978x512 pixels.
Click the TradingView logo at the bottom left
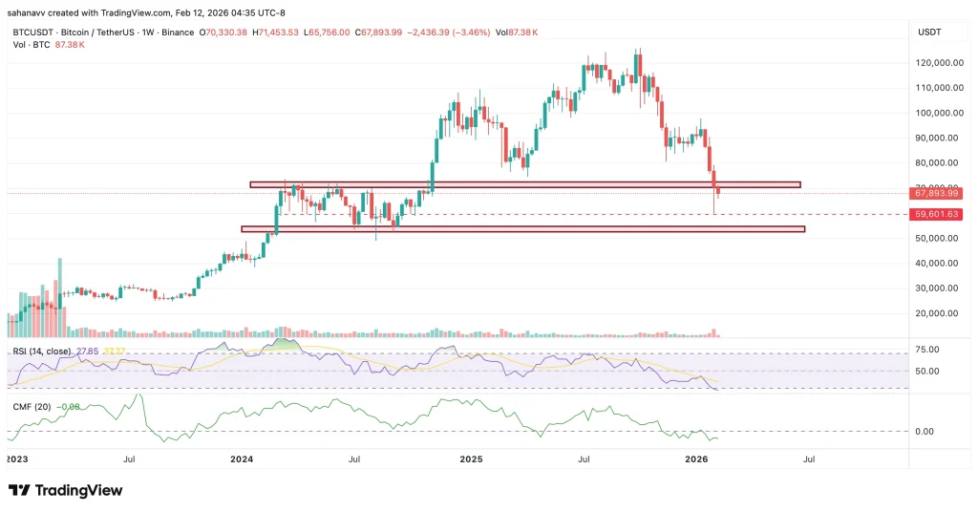(x=65, y=490)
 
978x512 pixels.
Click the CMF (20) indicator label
(x=28, y=405)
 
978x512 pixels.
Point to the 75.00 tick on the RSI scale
(x=926, y=350)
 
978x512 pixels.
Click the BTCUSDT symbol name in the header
(x=31, y=32)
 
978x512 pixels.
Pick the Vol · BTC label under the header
(x=31, y=45)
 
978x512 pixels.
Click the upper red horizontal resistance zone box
(x=524, y=184)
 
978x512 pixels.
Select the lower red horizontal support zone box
(x=522, y=229)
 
